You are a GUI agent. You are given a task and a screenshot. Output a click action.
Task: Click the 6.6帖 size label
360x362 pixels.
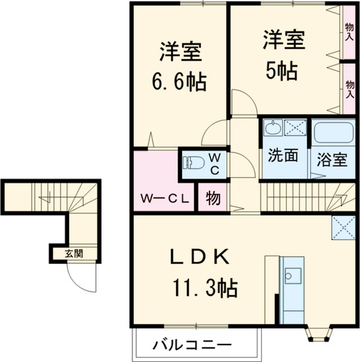178,80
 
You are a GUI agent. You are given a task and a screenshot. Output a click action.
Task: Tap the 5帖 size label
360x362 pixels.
281,71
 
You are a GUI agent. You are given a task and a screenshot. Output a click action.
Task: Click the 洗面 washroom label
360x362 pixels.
283,157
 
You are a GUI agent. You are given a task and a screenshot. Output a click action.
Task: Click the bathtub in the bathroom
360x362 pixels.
331,132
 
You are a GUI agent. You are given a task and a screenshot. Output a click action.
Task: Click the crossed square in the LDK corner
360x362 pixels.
343,227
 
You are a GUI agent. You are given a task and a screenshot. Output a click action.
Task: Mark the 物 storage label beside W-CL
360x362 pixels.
212,198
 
